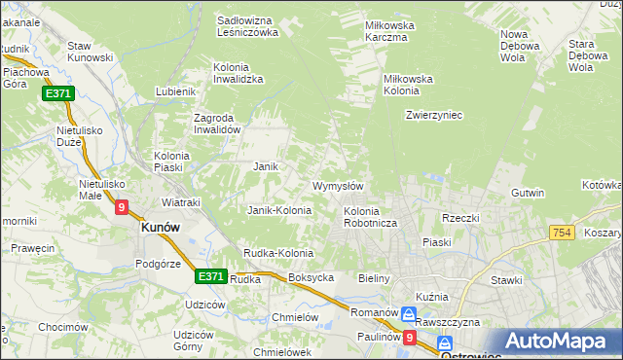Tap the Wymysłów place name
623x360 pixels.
(338, 186)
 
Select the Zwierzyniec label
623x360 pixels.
(433, 115)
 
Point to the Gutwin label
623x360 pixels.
(527, 193)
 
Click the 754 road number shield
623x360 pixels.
(560, 233)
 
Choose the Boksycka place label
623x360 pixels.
(311, 277)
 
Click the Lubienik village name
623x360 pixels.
(176, 91)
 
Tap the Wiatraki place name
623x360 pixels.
(180, 202)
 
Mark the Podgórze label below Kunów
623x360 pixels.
(159, 263)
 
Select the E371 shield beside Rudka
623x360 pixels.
(210, 276)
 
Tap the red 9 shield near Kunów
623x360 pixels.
(121, 207)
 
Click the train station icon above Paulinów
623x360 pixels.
(410, 315)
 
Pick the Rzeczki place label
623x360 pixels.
(461, 218)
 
